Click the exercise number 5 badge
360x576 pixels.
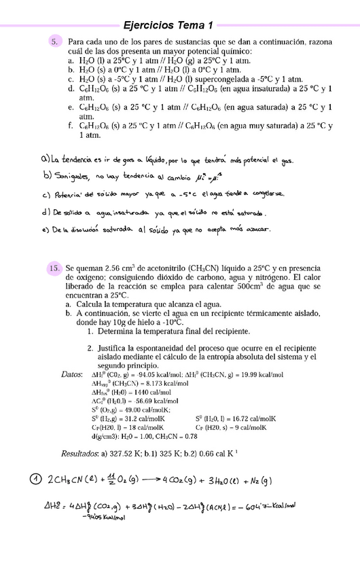coord(54,42)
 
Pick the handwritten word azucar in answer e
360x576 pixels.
coord(256,230)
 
